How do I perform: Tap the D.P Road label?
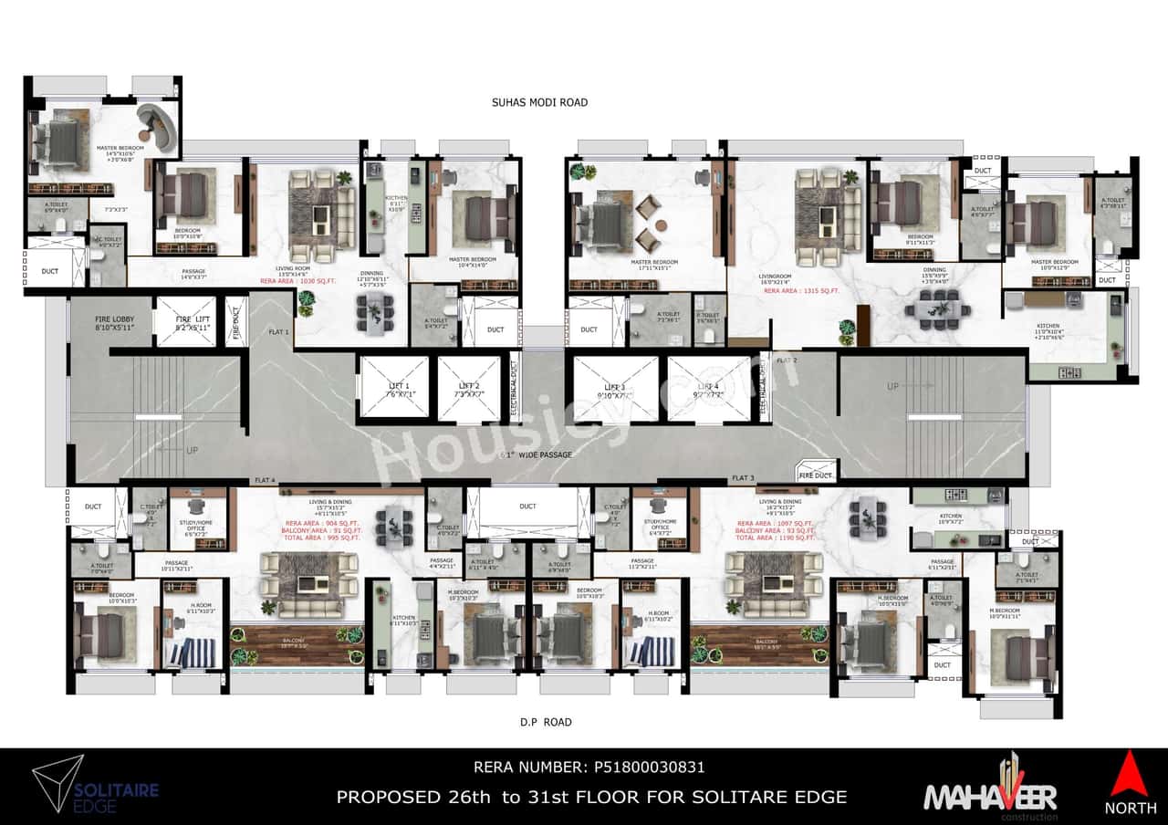546,722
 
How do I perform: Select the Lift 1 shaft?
393,390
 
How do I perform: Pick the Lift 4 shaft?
708,390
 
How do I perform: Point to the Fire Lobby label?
114,321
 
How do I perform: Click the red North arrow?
1130,774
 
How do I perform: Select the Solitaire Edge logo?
96,785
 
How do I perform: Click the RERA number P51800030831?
589,768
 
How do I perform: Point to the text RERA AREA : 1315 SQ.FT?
793,291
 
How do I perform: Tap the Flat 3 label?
742,478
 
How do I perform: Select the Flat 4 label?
265,480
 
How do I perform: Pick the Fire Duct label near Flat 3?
815,475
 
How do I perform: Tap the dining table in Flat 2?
930,309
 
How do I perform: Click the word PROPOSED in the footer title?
388,797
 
